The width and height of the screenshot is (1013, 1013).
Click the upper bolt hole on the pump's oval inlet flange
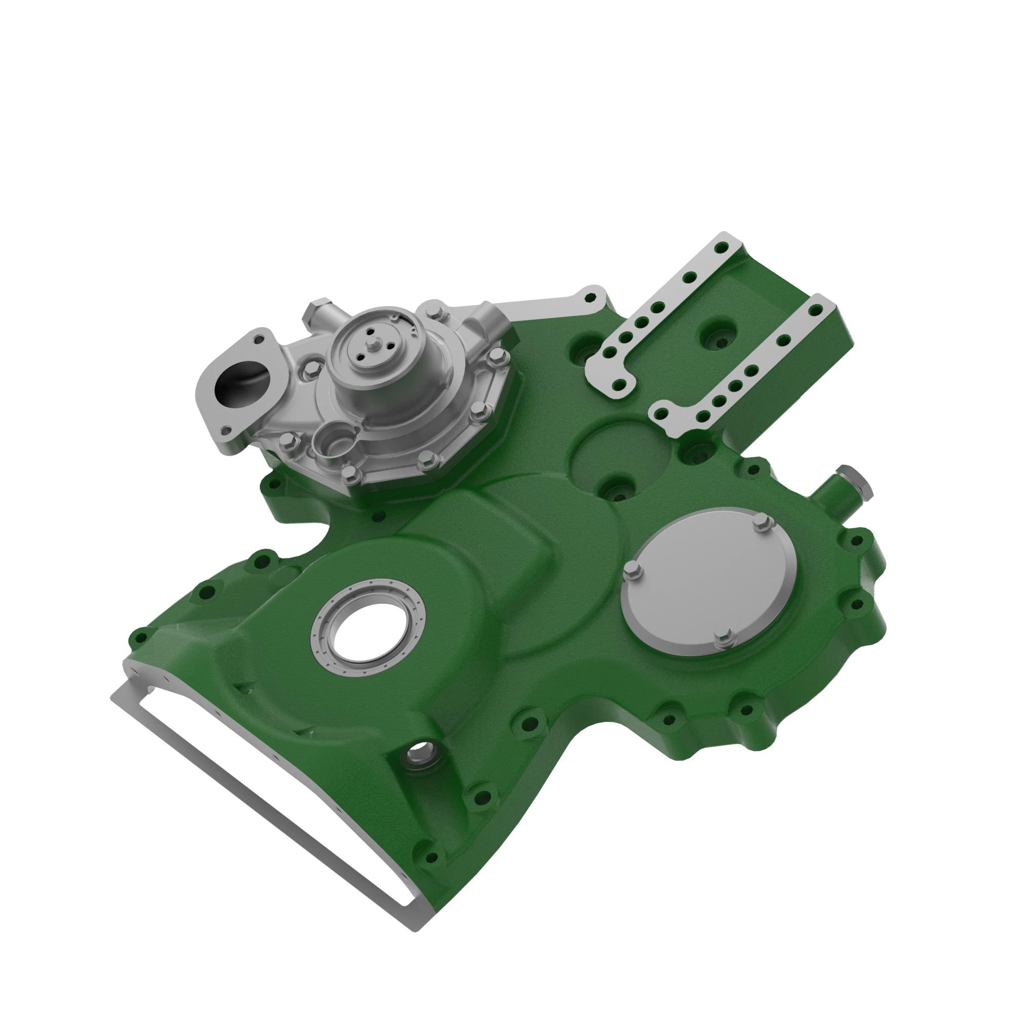[258, 340]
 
